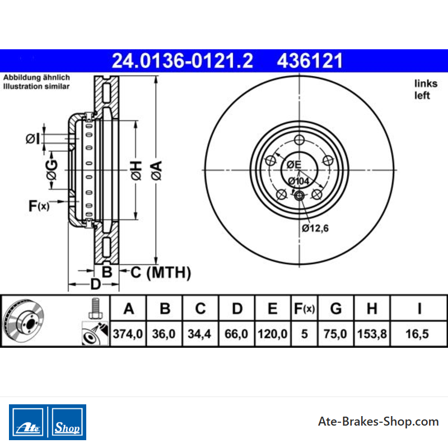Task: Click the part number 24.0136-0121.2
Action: point(183,61)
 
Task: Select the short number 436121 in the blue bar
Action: point(310,61)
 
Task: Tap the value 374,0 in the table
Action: point(128,334)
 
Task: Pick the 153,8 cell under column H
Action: point(372,334)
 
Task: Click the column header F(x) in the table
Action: point(304,309)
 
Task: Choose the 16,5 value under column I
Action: point(417,334)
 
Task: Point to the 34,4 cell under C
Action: point(199,334)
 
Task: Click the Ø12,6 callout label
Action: point(315,228)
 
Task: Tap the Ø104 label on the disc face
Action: point(298,181)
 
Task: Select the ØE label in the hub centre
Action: point(294,165)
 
